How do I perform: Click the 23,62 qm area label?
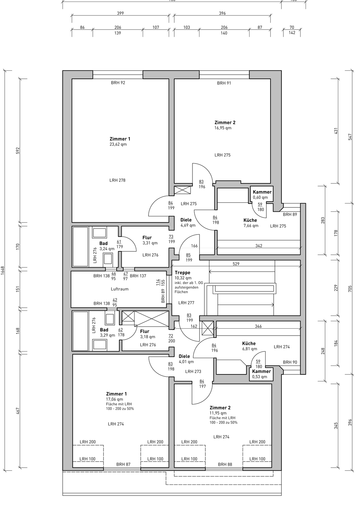tap(118, 144)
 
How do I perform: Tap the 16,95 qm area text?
tap(223, 128)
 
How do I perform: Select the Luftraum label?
tap(120, 289)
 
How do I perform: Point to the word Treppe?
tap(182, 273)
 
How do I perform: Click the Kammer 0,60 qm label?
tap(262, 195)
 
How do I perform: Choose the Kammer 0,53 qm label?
tap(261, 374)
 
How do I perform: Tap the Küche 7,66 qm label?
tap(251, 223)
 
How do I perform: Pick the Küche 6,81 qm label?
tap(250, 346)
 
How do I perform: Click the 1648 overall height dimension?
tap(3, 270)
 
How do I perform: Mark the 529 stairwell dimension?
tap(236, 263)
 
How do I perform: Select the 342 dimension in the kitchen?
tap(259, 246)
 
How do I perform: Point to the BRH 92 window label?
tap(118, 83)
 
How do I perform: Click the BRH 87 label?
tap(123, 464)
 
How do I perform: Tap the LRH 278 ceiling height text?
tap(117, 180)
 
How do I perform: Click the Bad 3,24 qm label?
tap(107, 246)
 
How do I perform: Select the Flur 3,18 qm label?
tap(147, 334)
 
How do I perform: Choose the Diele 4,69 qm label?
tap(188, 222)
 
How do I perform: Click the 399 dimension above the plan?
tap(121, 13)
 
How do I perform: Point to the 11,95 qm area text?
tap(218, 413)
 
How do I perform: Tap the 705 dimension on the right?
tap(350, 288)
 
